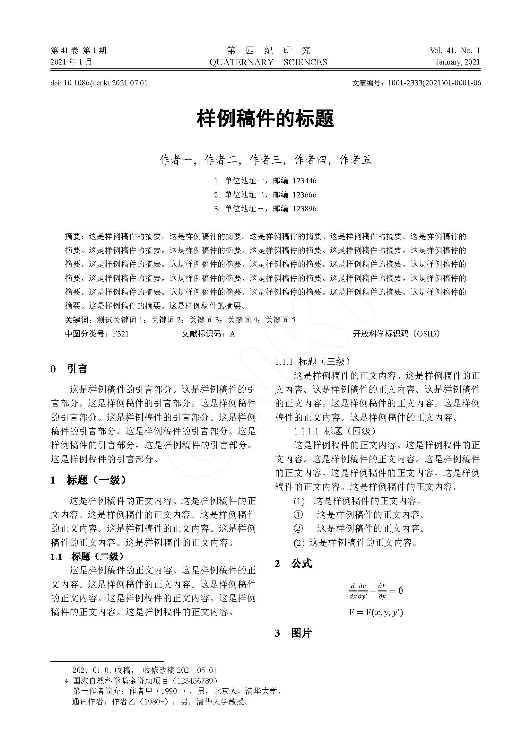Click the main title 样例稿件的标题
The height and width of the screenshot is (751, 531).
tap(265, 118)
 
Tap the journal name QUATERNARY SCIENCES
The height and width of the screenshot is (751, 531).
tap(268, 62)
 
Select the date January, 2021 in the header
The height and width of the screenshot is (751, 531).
tap(458, 62)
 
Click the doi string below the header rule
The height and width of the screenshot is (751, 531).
tap(99, 83)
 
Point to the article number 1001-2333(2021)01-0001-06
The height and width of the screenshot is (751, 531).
tap(434, 83)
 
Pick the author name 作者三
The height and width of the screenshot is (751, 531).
tap(265, 160)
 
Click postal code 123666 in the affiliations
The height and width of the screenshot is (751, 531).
tap(304, 195)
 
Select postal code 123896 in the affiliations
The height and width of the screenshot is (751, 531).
tap(304, 209)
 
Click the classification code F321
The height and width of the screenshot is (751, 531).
tap(121, 334)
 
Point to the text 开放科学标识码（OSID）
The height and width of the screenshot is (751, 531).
tap(396, 334)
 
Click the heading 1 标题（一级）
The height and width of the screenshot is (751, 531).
tap(88, 480)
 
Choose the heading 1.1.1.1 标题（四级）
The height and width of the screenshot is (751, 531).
tap(335, 431)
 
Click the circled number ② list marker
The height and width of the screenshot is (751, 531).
tap(298, 528)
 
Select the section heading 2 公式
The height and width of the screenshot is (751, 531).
tap(293, 563)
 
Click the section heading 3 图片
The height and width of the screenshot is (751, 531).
tap(293, 633)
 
